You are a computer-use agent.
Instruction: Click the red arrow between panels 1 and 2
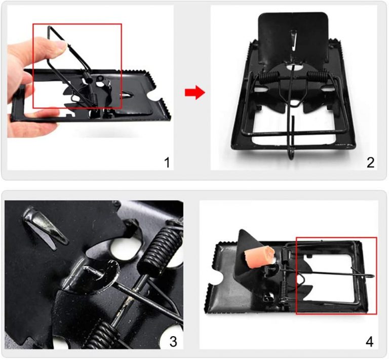(194, 93)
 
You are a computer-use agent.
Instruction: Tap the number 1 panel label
(167, 163)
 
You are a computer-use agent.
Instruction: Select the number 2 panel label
(370, 163)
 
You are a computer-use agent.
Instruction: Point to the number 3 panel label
(173, 341)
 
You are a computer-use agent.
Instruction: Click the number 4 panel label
(369, 342)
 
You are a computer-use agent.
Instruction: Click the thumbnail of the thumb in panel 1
(61, 46)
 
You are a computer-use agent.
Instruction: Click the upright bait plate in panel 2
(293, 37)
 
